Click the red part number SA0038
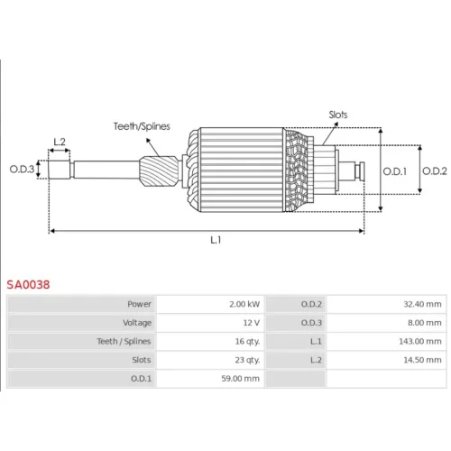coord(28,284)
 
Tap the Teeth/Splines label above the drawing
coord(142,126)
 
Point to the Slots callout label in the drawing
coord(338,115)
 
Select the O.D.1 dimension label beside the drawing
coord(394,171)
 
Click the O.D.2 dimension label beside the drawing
coord(435,170)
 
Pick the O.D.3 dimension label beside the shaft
coord(22,169)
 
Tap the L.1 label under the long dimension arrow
coord(216,240)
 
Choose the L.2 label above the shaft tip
coord(60,142)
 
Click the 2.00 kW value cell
coord(244,304)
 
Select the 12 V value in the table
coord(252,323)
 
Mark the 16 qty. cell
coord(247,342)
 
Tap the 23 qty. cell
coord(247,360)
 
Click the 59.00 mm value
coord(240,379)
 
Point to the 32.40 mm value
coord(422,304)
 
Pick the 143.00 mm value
coord(420,341)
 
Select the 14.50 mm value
coord(422,360)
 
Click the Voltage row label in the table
coord(137,323)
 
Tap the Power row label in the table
coord(139,304)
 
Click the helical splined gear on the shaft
coord(159,170)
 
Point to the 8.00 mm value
coord(425,323)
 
